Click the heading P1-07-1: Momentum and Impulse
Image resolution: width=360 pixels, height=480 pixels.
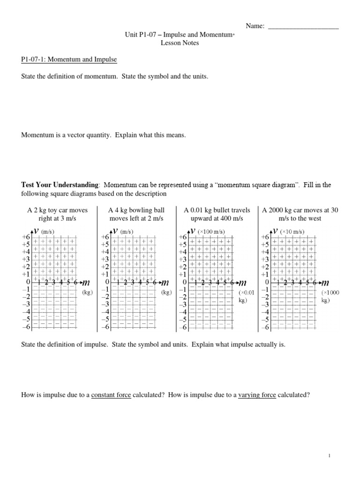click(x=69, y=60)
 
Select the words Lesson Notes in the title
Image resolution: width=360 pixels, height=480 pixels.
click(x=180, y=43)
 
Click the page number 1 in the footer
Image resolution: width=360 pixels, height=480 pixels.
click(x=330, y=455)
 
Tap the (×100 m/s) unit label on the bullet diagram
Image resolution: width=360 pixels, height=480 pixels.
click(x=211, y=232)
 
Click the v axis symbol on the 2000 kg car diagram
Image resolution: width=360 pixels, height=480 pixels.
click(x=276, y=231)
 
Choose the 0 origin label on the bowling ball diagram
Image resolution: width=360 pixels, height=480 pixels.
click(x=107, y=282)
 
